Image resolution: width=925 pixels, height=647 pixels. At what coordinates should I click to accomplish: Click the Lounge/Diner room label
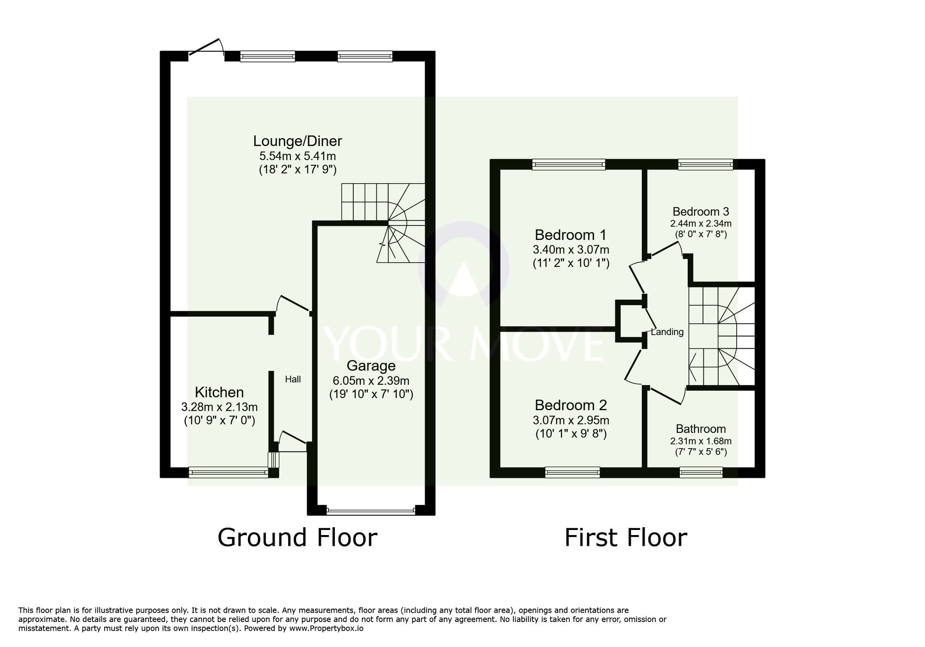pyautogui.click(x=297, y=141)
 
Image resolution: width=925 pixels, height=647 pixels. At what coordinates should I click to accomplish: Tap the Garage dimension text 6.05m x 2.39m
pyautogui.click(x=371, y=381)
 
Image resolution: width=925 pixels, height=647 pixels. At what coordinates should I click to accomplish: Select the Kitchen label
pyautogui.click(x=219, y=392)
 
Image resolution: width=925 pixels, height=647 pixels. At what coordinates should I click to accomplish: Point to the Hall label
pyautogui.click(x=293, y=380)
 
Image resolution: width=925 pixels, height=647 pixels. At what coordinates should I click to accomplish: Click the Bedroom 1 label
pyautogui.click(x=570, y=234)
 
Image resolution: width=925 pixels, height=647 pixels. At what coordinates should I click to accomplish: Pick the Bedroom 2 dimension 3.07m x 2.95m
pyautogui.click(x=571, y=420)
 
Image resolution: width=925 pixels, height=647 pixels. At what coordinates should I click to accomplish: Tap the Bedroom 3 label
pyautogui.click(x=701, y=211)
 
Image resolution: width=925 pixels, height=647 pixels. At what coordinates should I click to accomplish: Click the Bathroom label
pyautogui.click(x=701, y=429)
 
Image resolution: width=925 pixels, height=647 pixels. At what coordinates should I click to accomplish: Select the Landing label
pyautogui.click(x=667, y=332)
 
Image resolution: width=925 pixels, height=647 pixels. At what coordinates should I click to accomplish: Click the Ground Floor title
pyautogui.click(x=297, y=538)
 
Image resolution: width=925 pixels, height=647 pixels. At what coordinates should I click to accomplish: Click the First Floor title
pyautogui.click(x=625, y=538)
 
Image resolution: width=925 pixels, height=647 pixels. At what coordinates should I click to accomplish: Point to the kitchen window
pyautogui.click(x=228, y=472)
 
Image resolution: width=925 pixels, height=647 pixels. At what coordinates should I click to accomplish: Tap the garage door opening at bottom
pyautogui.click(x=371, y=511)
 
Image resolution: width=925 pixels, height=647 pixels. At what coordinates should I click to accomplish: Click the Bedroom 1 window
pyautogui.click(x=568, y=164)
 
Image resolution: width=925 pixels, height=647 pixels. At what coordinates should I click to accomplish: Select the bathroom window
pyautogui.click(x=701, y=472)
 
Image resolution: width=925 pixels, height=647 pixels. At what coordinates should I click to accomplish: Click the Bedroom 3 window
pyautogui.click(x=705, y=164)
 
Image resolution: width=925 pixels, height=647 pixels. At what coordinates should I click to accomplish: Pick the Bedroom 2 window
pyautogui.click(x=572, y=472)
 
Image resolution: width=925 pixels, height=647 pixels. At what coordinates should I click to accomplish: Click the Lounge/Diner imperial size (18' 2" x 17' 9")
pyautogui.click(x=297, y=170)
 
